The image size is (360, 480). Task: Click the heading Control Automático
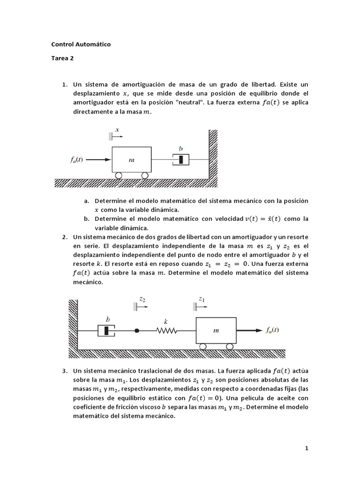(x=81, y=45)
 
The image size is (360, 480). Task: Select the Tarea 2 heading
(x=62, y=60)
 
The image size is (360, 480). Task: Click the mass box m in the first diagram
(x=132, y=159)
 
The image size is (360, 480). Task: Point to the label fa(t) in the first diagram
(x=74, y=159)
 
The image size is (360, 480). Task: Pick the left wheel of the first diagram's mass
(x=119, y=175)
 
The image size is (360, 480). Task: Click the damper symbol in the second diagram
(x=107, y=330)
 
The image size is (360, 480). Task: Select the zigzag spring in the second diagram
(x=166, y=330)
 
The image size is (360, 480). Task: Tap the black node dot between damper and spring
(x=137, y=330)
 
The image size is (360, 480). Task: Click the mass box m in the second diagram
(x=216, y=330)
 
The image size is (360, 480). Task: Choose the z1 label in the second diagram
(x=202, y=298)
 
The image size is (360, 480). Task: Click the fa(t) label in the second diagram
(x=272, y=330)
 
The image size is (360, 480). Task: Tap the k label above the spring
(x=166, y=322)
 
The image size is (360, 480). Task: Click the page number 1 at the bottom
(x=307, y=448)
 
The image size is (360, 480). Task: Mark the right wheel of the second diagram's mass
(x=229, y=346)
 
